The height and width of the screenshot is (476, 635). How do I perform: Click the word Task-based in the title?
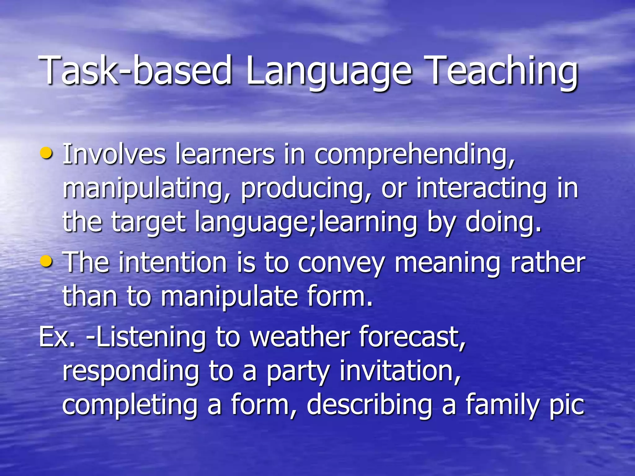point(135,71)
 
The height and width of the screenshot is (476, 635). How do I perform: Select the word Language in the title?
point(329,72)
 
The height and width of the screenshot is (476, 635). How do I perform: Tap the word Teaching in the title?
point(502,72)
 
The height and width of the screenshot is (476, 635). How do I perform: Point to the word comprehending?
point(414,155)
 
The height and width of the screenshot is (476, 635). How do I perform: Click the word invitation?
point(400,372)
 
